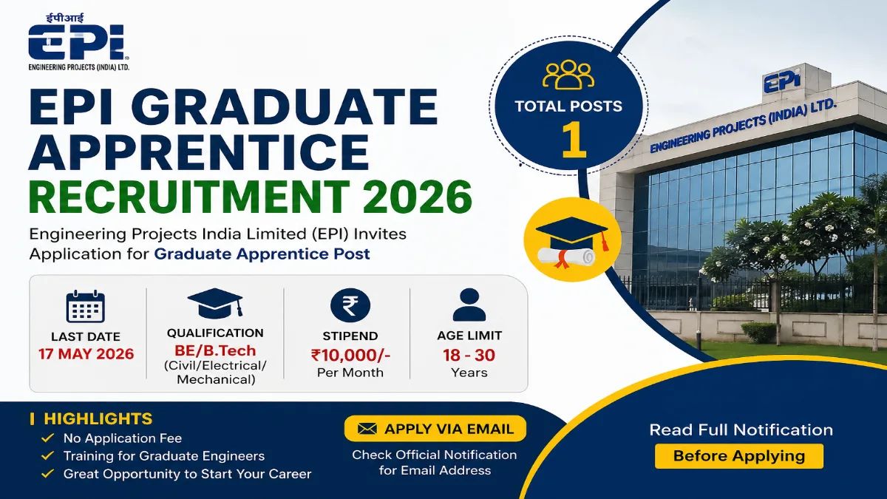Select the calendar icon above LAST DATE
coord(86,306)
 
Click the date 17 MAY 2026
coord(86,353)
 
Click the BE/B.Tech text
coord(215,349)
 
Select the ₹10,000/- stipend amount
coord(350,354)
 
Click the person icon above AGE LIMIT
coord(469,305)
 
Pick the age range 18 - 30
coord(469,354)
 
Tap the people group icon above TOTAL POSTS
coord(568,73)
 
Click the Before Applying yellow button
coord(738,455)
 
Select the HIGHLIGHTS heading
coord(98,418)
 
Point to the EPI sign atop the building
coord(782,83)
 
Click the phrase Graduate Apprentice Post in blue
coord(262,254)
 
